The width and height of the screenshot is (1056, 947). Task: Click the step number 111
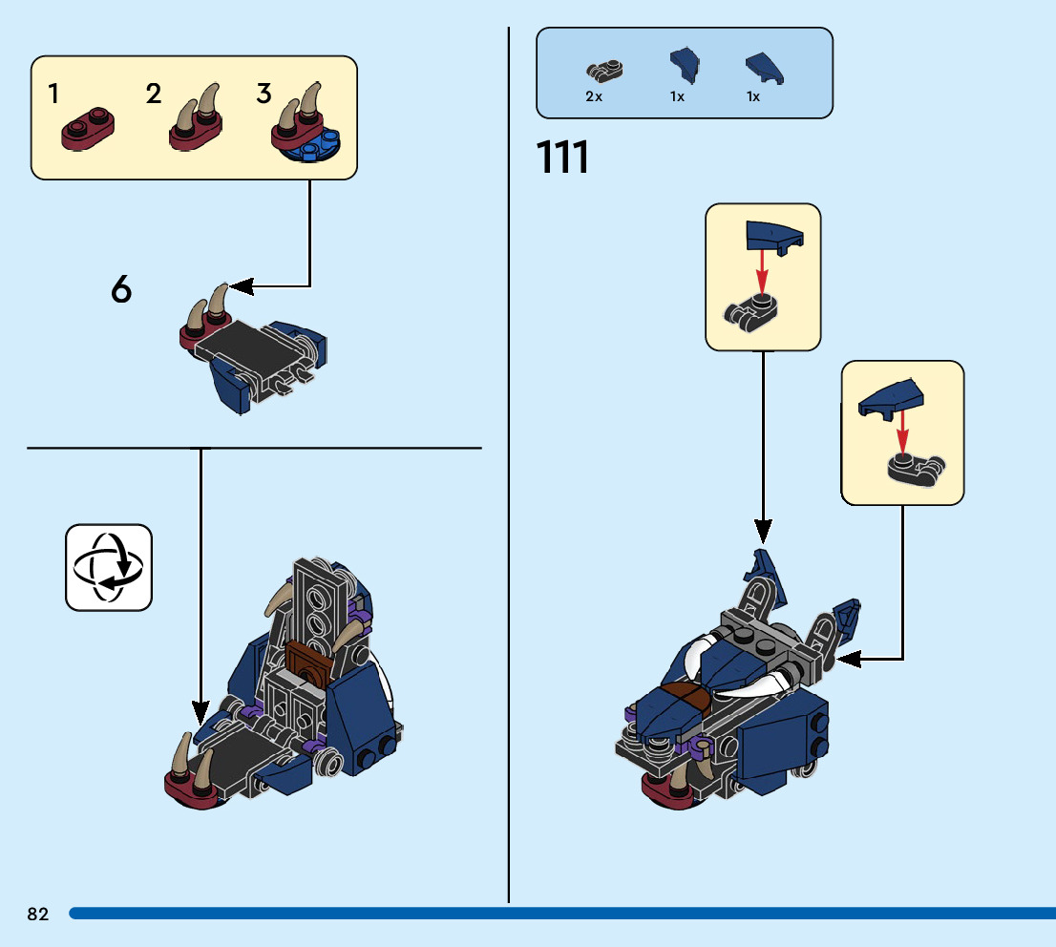coord(563,158)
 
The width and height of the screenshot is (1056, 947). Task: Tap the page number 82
coord(38,915)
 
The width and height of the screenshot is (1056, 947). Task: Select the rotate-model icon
coord(108,567)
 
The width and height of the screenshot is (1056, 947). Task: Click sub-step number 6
coord(121,290)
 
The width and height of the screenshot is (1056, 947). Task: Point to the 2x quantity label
coord(594,96)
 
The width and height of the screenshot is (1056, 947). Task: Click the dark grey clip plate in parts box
coord(603,69)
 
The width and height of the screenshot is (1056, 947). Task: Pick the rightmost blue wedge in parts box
coord(766,67)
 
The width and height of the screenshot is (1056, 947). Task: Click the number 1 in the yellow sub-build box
coord(53,94)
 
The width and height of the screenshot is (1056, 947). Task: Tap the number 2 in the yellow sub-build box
coord(154,94)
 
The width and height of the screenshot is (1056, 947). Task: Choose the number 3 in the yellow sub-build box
coord(264,94)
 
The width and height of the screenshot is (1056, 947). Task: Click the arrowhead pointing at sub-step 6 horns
coord(239,285)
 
